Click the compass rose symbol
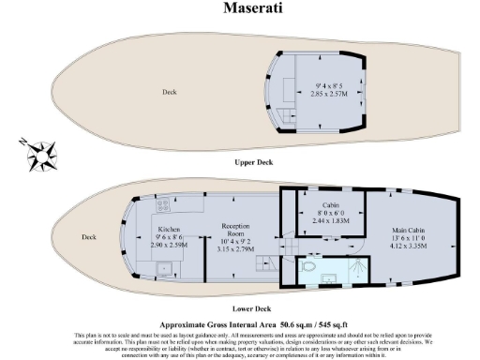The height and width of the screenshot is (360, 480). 41,149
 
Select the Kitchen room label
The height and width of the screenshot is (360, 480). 169,230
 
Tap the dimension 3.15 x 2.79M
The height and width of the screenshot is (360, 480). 234,250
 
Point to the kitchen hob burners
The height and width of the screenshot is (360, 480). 161,203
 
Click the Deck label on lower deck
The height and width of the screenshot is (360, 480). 89,236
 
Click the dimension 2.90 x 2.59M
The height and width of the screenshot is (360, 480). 169,245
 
